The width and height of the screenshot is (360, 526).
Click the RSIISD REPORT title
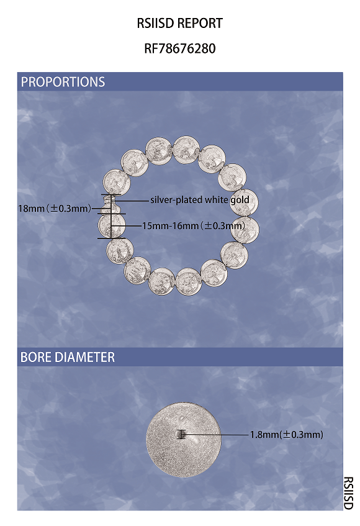click(179, 24)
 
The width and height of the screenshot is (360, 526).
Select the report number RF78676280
click(179, 48)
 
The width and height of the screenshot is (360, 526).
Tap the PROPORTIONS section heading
click(63, 82)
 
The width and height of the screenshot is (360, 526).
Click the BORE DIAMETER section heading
click(68, 357)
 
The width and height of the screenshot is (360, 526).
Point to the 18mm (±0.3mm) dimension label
click(55, 209)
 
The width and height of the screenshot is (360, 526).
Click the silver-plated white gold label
click(200, 200)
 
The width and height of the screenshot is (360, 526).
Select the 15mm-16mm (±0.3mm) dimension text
click(194, 226)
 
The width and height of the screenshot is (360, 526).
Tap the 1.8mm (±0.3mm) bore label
click(287, 435)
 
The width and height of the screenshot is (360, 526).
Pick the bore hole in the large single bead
click(181, 435)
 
